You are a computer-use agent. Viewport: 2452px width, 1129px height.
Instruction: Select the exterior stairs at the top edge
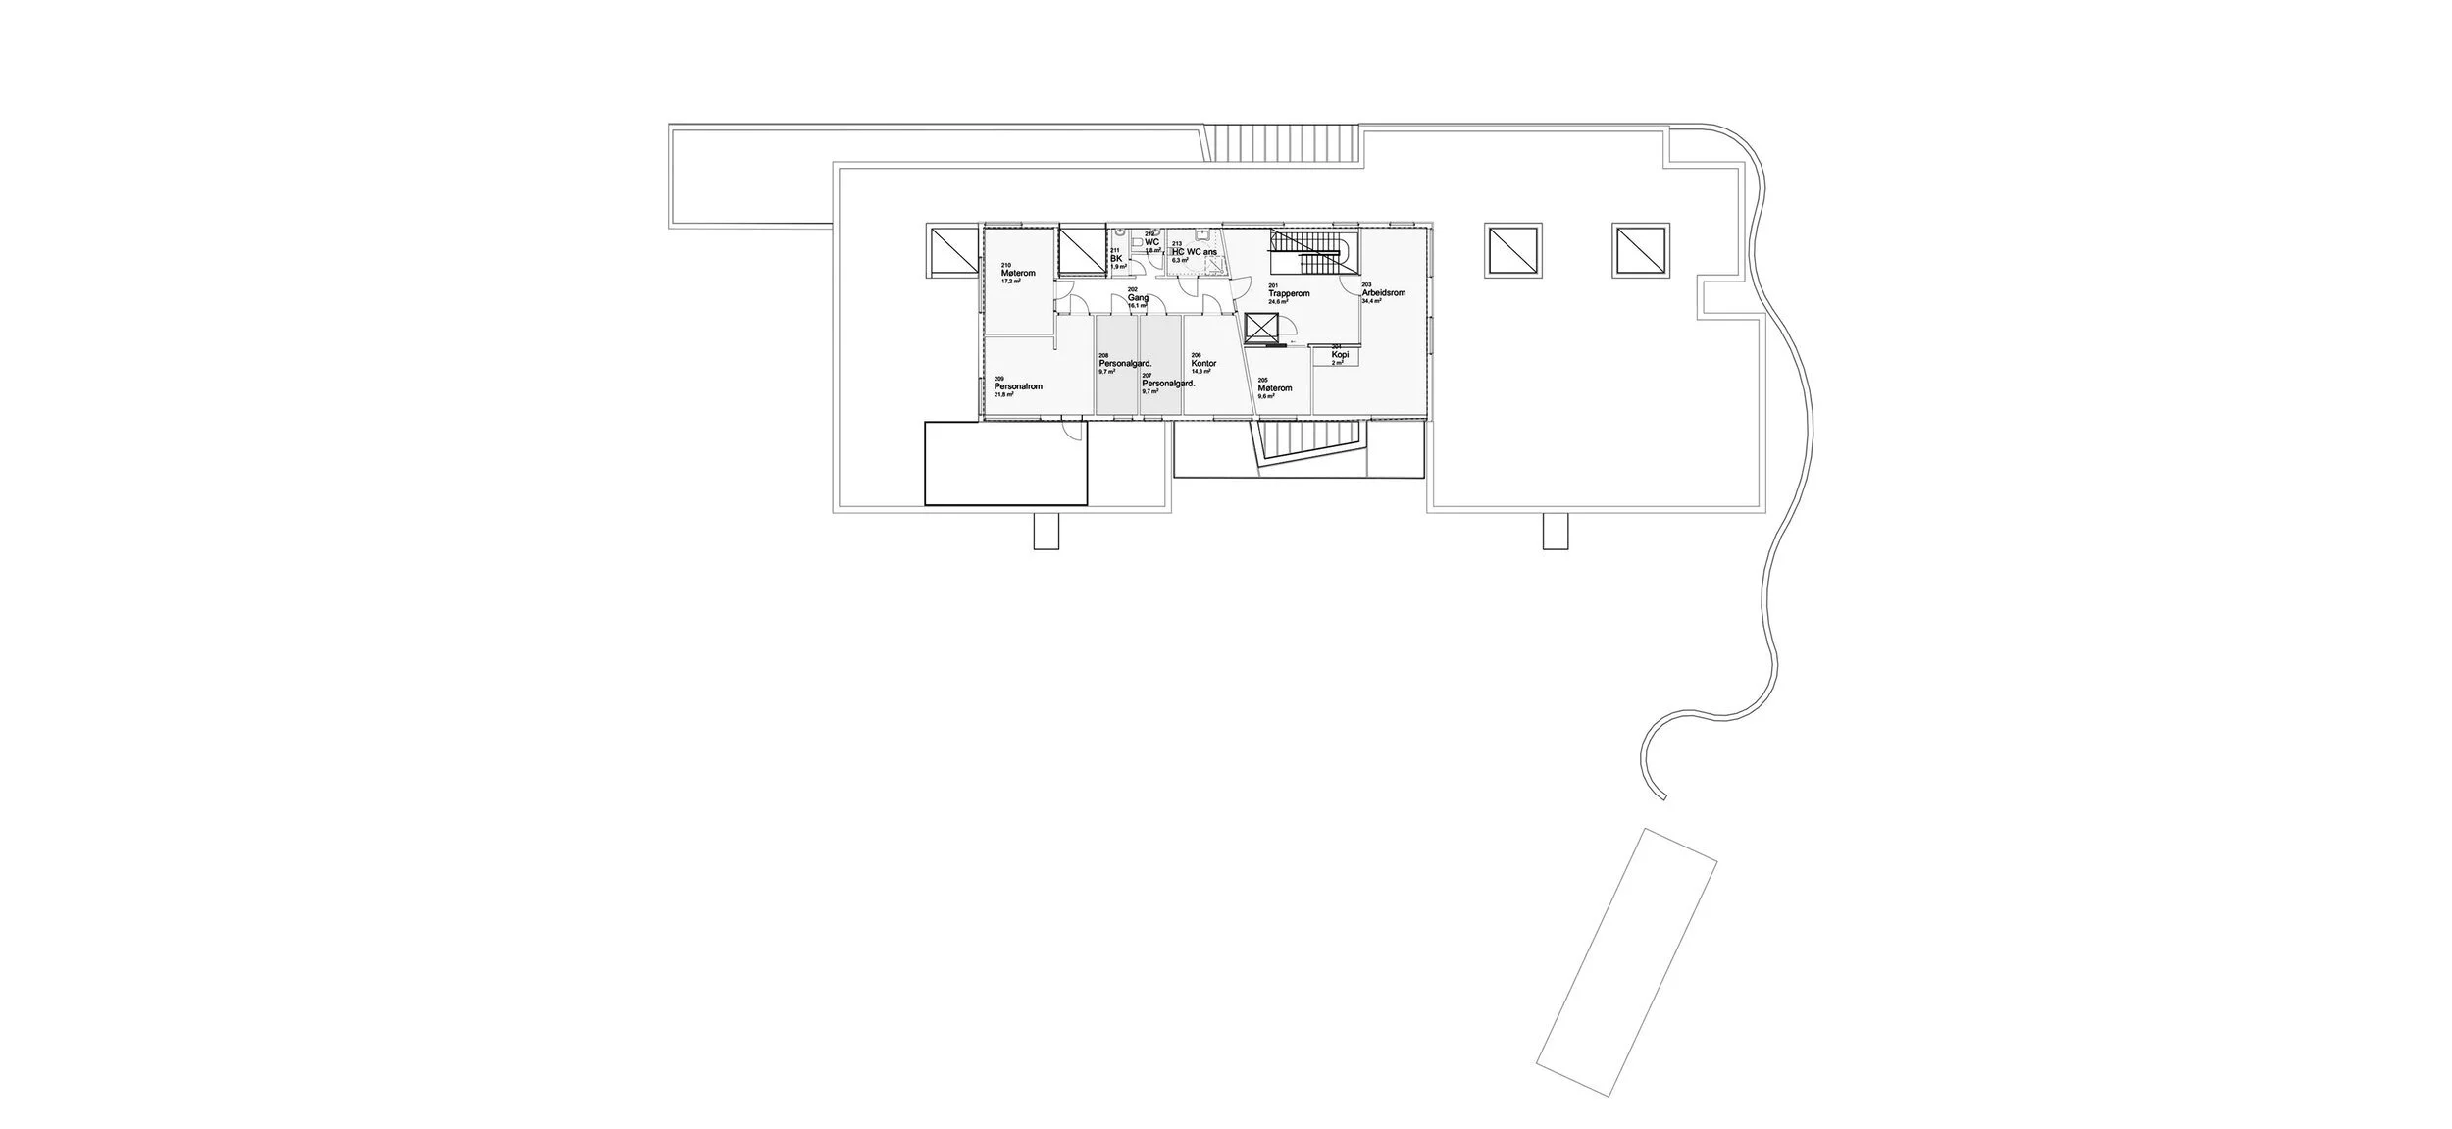(1283, 143)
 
